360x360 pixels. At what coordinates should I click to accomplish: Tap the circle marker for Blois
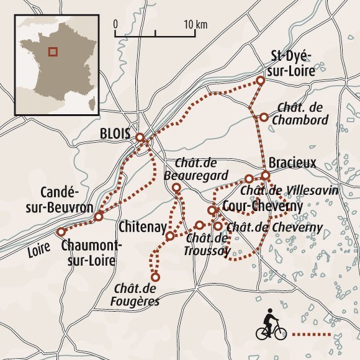click(x=140, y=137)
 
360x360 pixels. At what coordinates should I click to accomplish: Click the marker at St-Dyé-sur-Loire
click(x=261, y=81)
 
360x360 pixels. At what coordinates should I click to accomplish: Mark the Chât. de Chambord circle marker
click(x=264, y=117)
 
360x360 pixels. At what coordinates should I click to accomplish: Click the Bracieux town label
click(x=292, y=163)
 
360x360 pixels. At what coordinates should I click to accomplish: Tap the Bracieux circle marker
click(x=266, y=176)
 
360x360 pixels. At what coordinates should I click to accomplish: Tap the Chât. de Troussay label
click(x=208, y=244)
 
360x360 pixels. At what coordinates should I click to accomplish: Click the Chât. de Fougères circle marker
click(x=155, y=277)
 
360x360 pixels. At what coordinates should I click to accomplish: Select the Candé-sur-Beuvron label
click(x=68, y=199)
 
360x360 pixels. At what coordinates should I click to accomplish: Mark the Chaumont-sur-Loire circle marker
click(x=61, y=232)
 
